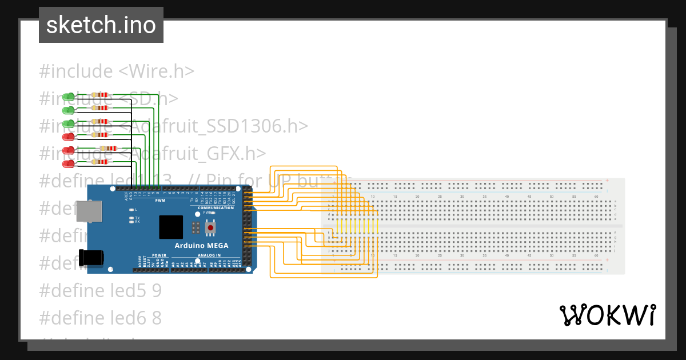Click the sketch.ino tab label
pyautogui.click(x=101, y=25)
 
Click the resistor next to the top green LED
pyautogui.click(x=102, y=94)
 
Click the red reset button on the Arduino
pyautogui.click(x=211, y=228)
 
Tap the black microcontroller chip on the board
pyautogui.click(x=171, y=227)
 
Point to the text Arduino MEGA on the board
pyautogui.click(x=201, y=246)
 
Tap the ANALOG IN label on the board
pyautogui.click(x=209, y=255)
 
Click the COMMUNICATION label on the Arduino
pyautogui.click(x=216, y=207)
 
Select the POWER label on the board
pyautogui.click(x=159, y=255)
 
